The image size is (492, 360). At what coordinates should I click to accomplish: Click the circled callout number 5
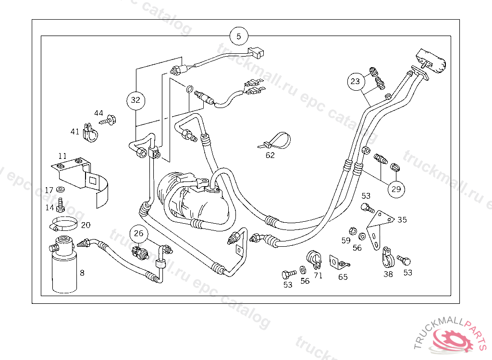[x=239, y=36]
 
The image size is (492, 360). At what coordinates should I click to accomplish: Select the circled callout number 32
[x=135, y=100]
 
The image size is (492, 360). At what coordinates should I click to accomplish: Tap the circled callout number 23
[x=355, y=82]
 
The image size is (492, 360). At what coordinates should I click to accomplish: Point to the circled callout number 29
[x=396, y=189]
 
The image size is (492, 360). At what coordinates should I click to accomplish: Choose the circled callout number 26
[x=139, y=234]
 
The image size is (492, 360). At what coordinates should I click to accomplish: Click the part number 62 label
[x=271, y=155]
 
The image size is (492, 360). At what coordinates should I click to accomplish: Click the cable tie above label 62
[x=276, y=140]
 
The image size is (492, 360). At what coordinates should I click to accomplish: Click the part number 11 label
[x=63, y=156]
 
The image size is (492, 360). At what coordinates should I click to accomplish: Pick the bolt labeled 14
[x=61, y=205]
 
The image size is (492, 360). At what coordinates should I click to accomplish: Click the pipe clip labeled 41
[x=90, y=133]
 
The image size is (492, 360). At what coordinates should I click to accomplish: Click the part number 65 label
[x=343, y=277]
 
